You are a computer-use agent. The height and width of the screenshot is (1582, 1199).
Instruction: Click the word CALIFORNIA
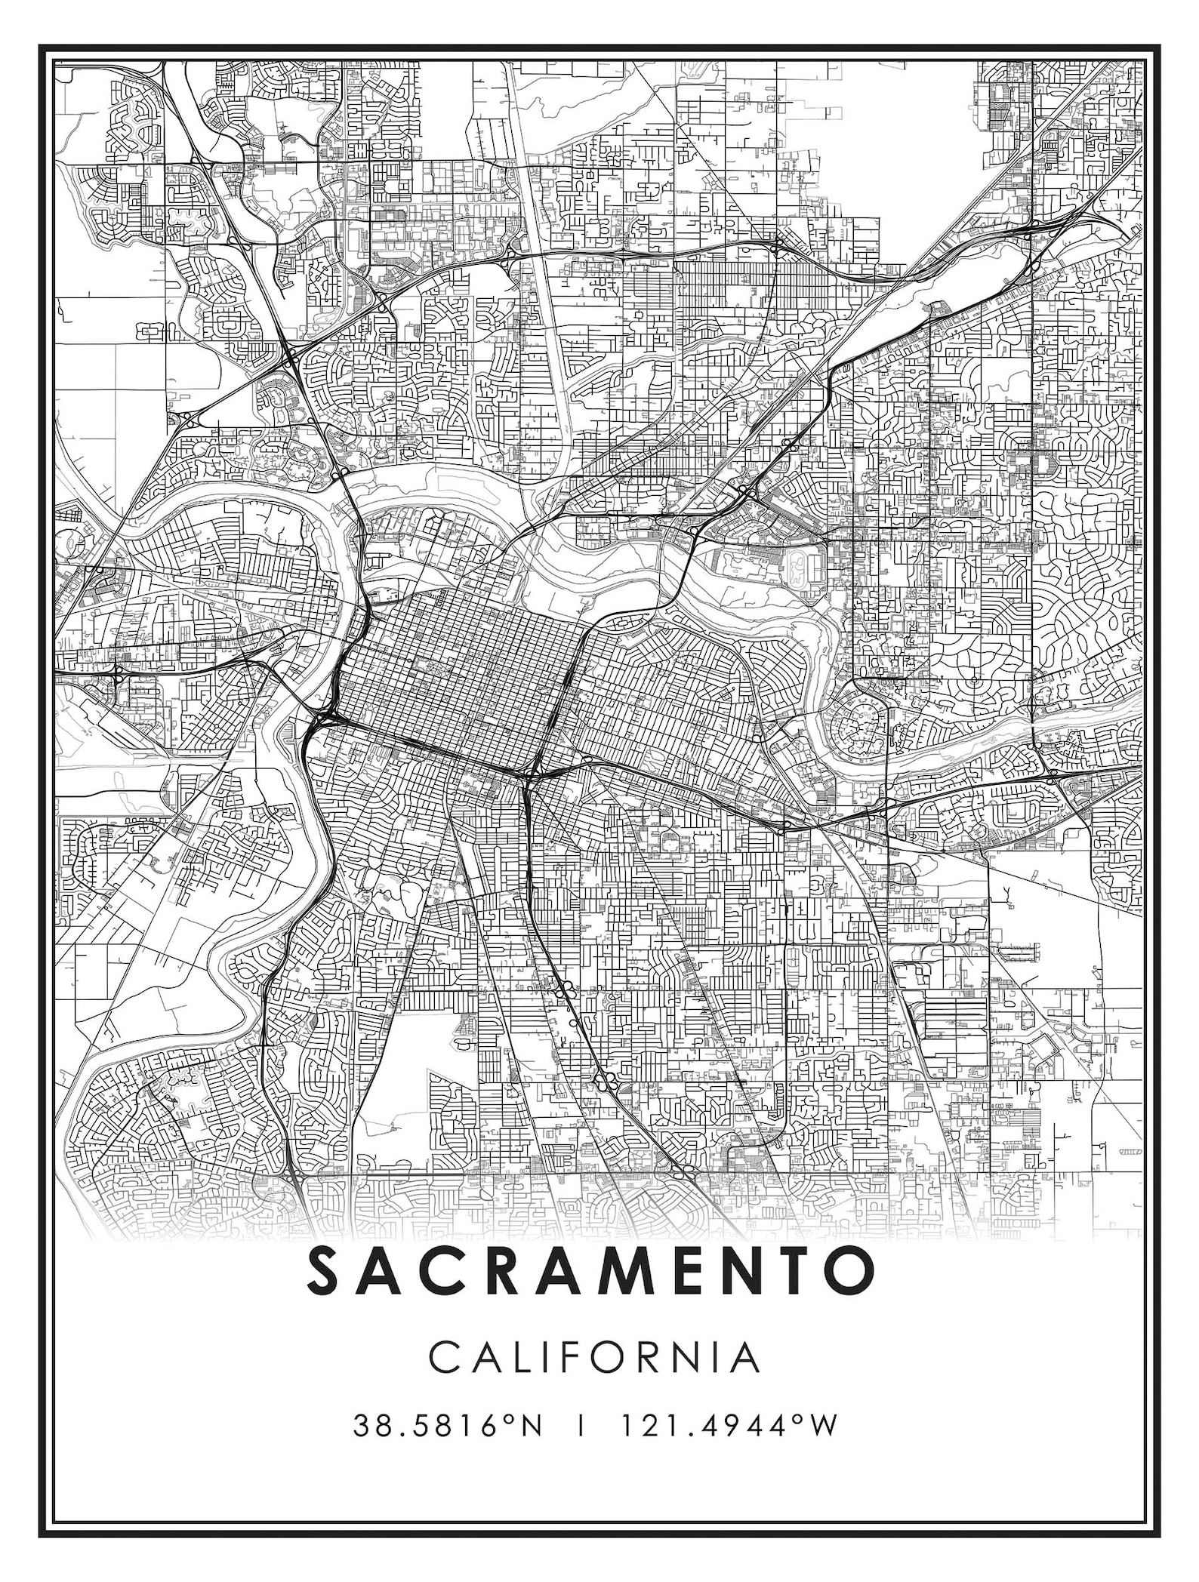coord(594,1357)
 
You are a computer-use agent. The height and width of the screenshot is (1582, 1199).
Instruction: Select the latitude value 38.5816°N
coord(447,1427)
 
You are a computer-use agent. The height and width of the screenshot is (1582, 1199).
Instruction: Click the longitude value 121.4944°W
coord(729,1427)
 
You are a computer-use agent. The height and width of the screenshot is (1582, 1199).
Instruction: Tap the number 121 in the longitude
coord(644,1427)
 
